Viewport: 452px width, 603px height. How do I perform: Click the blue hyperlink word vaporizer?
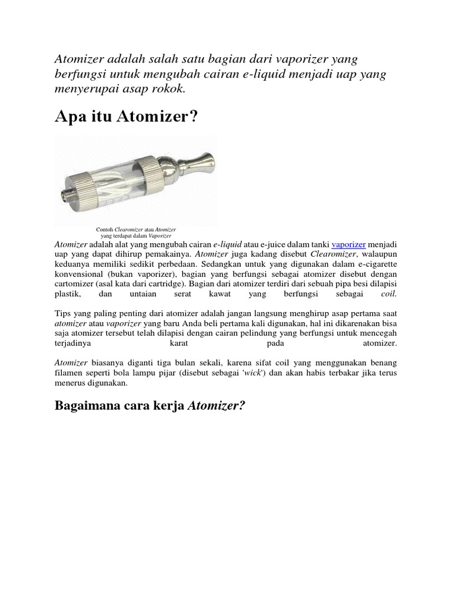(x=349, y=244)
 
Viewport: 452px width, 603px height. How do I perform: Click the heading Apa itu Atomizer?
(x=127, y=118)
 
